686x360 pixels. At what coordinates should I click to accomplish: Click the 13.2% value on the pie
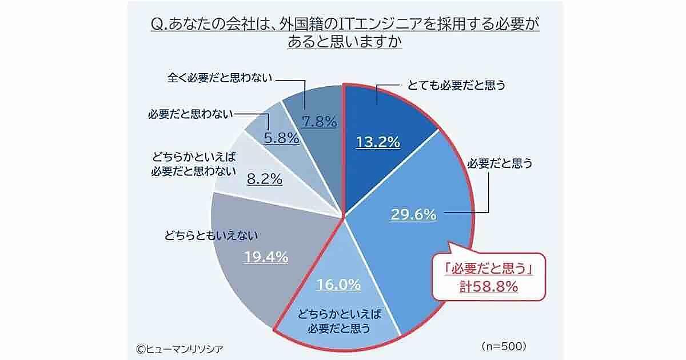pyautogui.click(x=377, y=142)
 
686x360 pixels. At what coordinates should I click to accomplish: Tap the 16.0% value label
pyautogui.click(x=339, y=284)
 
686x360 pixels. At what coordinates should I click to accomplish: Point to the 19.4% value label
pyautogui.click(x=265, y=257)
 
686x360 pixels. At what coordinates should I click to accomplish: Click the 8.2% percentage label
pyautogui.click(x=264, y=179)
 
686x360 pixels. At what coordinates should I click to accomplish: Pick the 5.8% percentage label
pyautogui.click(x=281, y=138)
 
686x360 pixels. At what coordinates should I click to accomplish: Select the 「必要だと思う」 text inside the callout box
pyautogui.click(x=488, y=269)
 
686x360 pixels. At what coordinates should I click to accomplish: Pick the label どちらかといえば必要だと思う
pyautogui.click(x=340, y=321)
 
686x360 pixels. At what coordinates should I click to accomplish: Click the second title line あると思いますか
pyautogui.click(x=344, y=42)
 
